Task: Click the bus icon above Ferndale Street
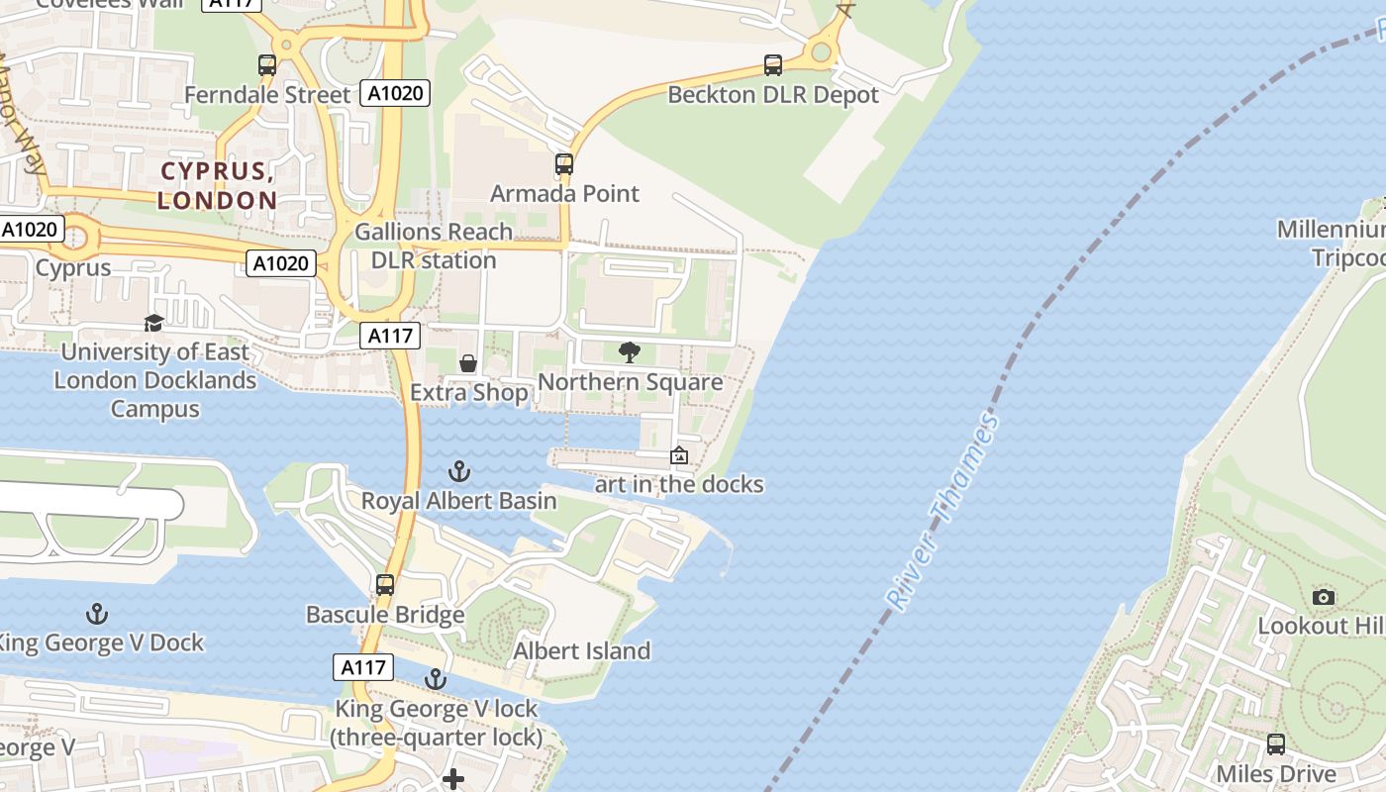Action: pos(267,65)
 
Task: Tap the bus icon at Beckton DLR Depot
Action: pos(773,65)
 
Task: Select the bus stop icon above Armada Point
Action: pos(564,164)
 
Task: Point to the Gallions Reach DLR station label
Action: pos(434,246)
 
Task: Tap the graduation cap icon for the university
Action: pos(153,323)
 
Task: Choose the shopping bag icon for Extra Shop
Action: pos(468,363)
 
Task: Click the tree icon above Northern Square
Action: pos(629,351)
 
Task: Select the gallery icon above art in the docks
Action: pos(679,455)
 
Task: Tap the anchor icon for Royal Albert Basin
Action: pos(458,471)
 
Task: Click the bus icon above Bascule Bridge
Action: pos(385,585)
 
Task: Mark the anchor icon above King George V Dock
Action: pos(97,614)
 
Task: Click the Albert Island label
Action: pos(581,650)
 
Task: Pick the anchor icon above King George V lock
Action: pos(436,679)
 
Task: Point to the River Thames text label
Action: pos(941,512)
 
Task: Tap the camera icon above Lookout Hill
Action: pos(1323,597)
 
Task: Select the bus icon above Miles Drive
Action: pos(1276,744)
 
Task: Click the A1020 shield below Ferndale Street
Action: pos(395,94)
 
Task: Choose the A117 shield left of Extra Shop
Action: pos(389,336)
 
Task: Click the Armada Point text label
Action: pos(564,193)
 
